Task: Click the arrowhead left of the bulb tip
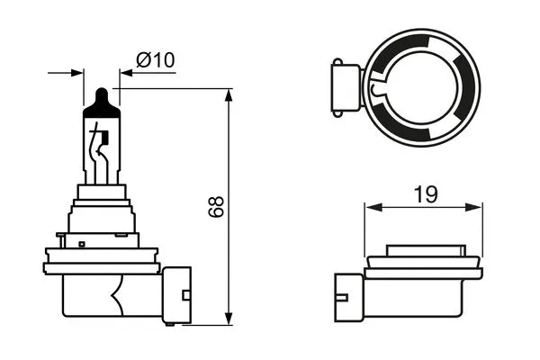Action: [77, 72]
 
